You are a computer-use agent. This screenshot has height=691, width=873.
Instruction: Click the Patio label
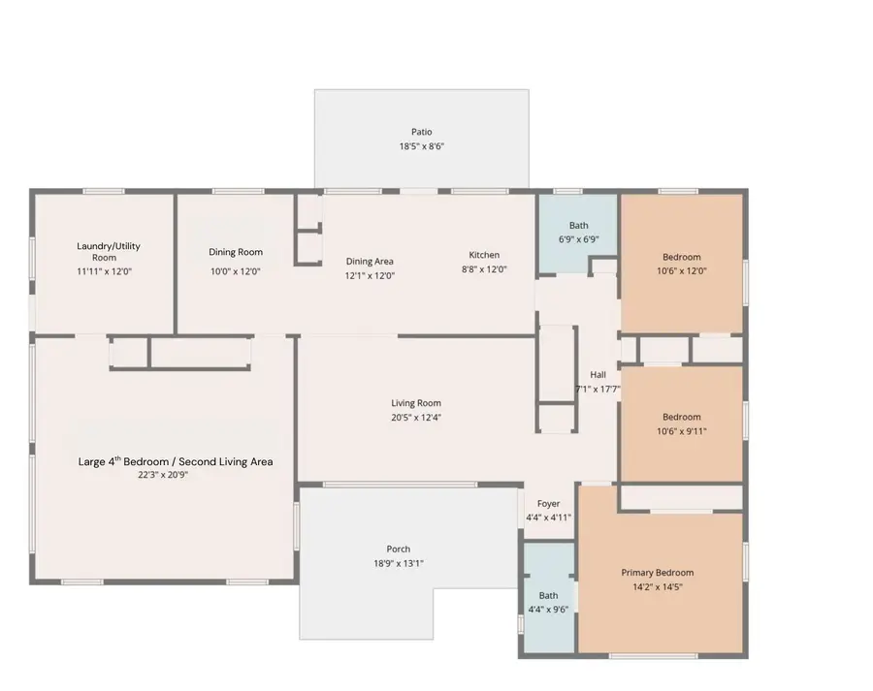tap(421, 132)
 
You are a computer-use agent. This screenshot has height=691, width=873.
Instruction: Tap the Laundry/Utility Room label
tap(104, 251)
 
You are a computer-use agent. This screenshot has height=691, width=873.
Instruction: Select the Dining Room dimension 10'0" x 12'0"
tap(235, 271)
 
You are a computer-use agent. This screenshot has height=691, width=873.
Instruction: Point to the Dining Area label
tap(370, 261)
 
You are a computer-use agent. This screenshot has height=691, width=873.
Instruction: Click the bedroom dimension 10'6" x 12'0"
tap(681, 271)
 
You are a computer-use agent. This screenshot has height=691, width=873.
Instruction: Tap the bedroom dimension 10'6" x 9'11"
tap(681, 431)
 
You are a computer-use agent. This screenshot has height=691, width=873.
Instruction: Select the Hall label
tap(598, 374)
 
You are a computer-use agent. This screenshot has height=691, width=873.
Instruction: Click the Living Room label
tap(416, 403)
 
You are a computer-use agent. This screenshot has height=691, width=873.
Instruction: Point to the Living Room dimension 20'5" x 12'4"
tap(416, 418)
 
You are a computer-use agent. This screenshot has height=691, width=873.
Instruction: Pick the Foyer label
tap(548, 503)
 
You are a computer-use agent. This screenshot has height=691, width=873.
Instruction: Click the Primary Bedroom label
tap(657, 572)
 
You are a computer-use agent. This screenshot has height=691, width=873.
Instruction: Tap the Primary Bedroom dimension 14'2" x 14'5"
tap(657, 586)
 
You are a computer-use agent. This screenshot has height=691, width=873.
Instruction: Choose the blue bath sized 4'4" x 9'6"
tap(548, 601)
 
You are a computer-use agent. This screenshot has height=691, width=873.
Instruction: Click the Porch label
tap(398, 549)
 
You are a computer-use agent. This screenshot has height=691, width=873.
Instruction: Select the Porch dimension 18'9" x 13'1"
tap(398, 563)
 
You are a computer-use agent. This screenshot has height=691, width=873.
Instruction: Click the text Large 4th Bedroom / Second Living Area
tap(175, 461)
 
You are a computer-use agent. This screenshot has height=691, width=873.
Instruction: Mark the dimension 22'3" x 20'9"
tap(161, 476)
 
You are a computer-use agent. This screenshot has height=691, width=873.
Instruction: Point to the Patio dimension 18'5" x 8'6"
tap(421, 146)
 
